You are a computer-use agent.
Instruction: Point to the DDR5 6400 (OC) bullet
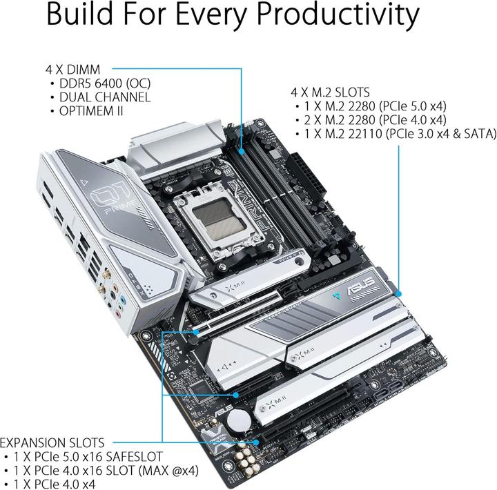coord(104,83)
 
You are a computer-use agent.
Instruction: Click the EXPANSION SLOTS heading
coord(52,442)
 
